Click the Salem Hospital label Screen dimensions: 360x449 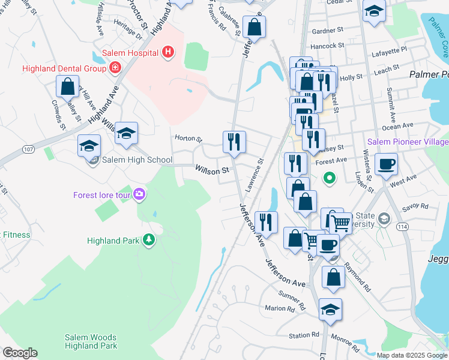[x=130, y=53]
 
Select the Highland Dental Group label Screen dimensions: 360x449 [x=64, y=68]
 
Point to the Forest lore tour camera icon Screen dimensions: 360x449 [x=139, y=194]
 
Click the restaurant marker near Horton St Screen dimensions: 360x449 [x=234, y=142]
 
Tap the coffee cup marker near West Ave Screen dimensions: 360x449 [x=386, y=163]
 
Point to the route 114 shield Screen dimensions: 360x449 [x=400, y=226]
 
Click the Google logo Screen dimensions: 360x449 [x=20, y=353]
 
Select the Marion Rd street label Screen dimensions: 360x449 [x=280, y=308]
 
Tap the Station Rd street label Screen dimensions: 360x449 [x=304, y=335]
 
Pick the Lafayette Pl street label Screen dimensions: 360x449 [x=391, y=49]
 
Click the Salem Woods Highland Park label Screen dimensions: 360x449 [x=91, y=342]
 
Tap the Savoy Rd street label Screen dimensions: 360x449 [x=415, y=206]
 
